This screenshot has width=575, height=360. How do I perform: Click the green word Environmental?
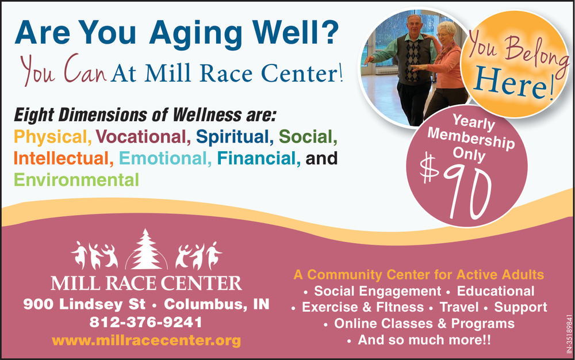tap(76, 180)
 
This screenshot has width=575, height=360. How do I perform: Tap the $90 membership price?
tap(456, 187)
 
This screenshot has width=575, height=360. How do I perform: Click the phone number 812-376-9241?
tap(146, 322)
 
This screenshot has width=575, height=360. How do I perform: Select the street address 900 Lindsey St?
tap(85, 304)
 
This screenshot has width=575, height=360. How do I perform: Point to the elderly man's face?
tap(415, 25)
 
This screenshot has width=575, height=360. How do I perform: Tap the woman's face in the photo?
tap(443, 35)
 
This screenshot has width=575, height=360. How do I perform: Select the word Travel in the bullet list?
tap(459, 307)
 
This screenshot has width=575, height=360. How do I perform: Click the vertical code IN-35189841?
tap(569, 334)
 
